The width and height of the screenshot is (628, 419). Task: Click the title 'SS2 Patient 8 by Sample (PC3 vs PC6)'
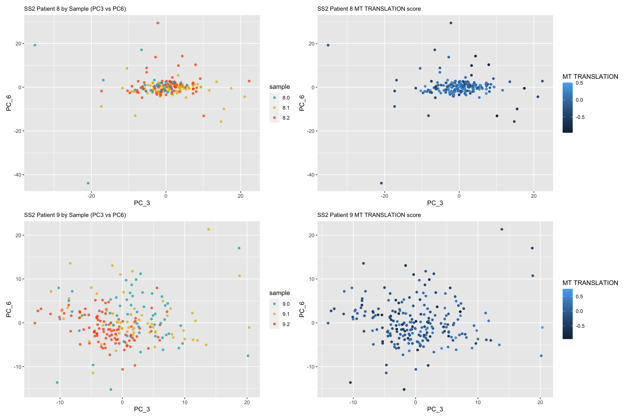coord(75,9)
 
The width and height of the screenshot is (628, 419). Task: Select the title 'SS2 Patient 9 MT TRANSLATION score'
coord(369,215)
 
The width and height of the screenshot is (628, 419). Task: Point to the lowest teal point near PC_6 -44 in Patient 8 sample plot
coord(88,183)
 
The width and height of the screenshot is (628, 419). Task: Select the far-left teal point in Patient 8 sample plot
coord(35,45)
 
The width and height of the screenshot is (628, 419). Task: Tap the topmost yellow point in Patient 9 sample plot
coord(208,229)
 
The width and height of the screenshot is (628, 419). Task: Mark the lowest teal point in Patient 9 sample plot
coord(111,390)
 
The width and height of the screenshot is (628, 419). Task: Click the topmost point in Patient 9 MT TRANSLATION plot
coord(502,229)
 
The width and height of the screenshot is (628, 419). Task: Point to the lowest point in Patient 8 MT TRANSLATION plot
coord(381,183)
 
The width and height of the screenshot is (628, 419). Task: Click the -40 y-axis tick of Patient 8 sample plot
coord(18,175)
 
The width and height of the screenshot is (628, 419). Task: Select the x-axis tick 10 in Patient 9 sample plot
coord(184,402)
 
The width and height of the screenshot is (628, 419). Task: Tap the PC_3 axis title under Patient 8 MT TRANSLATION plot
coord(435,203)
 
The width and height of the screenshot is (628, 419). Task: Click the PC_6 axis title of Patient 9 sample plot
coord(9,309)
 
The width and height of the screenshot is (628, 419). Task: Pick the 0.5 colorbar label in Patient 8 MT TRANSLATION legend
coord(579,83)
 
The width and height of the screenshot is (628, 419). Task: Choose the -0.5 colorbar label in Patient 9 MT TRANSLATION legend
coord(579,326)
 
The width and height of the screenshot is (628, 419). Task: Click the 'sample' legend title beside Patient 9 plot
coord(279,293)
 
